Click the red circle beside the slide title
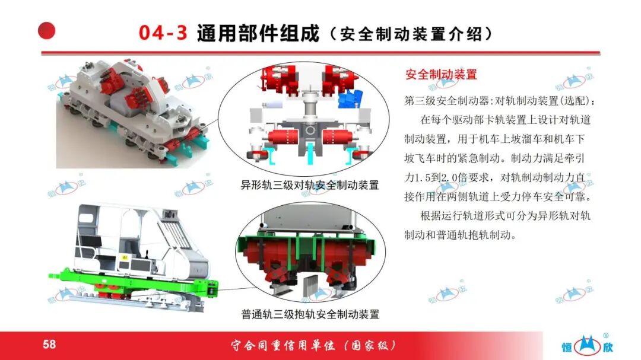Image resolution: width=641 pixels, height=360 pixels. [x=47, y=31]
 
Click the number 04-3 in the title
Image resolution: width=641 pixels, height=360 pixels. [x=163, y=33]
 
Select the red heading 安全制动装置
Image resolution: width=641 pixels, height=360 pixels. [x=441, y=74]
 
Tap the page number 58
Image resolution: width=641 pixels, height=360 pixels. [x=49, y=344]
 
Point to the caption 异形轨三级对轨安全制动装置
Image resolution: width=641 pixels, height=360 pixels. [x=309, y=185]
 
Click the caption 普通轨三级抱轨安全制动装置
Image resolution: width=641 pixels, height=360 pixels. [x=310, y=314]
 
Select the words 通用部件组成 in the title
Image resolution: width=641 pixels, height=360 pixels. [x=258, y=33]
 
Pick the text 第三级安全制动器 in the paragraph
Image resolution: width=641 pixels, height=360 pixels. [x=447, y=100]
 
